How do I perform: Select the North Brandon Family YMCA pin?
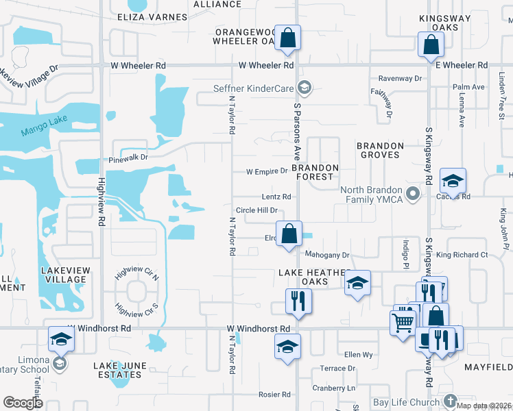pos(412,194)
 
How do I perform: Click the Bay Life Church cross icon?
pos(450,400)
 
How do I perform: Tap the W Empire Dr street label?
pos(267,171)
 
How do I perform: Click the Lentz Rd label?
pos(276,197)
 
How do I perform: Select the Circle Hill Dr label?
pos(256,210)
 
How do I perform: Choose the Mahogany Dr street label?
pos(328,255)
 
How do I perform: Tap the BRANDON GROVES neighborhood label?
pos(379,150)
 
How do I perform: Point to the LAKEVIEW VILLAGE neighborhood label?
pos(65,275)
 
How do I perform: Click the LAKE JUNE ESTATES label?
pos(120,370)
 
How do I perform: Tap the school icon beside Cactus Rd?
pos(453,181)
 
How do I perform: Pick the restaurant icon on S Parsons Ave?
pos(298,301)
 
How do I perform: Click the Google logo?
pos(23,403)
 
